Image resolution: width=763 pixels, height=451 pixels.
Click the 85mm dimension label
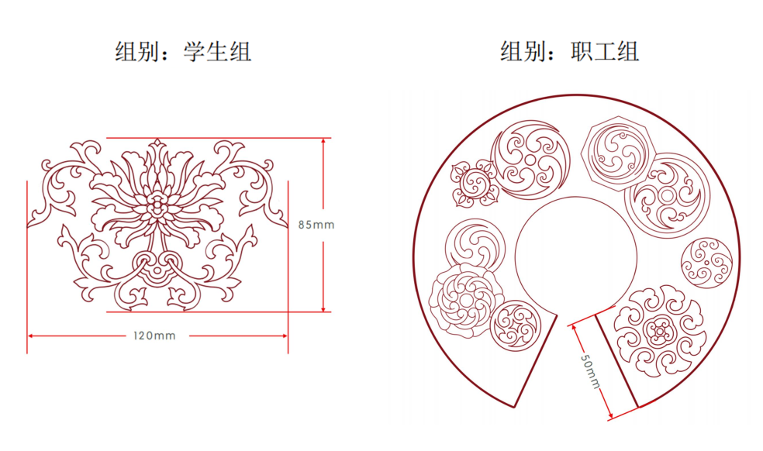click(x=316, y=225)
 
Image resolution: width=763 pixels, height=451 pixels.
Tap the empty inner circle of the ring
click(x=575, y=256)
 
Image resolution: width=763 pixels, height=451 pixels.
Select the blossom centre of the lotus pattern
click(x=157, y=205)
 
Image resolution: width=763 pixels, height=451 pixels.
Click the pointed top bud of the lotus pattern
click(x=157, y=144)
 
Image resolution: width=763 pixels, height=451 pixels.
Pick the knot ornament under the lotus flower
click(x=157, y=267)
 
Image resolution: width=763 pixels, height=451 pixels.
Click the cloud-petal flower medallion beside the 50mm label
click(x=659, y=331)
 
